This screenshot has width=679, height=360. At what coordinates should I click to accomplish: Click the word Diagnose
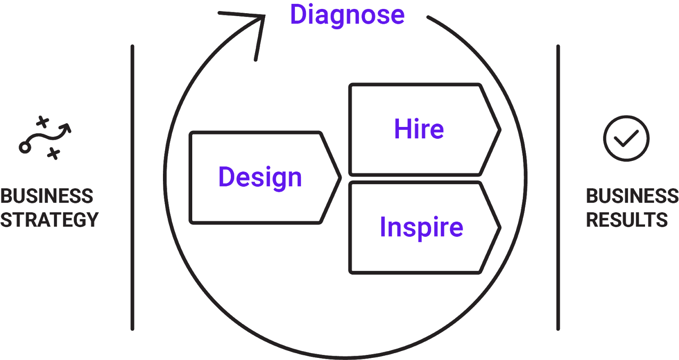[x=348, y=15]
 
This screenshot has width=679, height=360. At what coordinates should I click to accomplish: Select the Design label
[x=260, y=178]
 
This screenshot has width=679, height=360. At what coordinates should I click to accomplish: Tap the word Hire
[x=419, y=129]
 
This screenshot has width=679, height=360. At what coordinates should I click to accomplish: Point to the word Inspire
[x=421, y=228]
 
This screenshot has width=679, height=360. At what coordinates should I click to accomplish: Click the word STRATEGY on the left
[x=49, y=220]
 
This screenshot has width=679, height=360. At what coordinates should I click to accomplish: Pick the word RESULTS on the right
[x=627, y=220]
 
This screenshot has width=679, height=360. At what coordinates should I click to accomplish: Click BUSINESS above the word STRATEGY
[x=47, y=196]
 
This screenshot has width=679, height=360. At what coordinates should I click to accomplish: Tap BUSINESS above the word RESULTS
[x=632, y=196]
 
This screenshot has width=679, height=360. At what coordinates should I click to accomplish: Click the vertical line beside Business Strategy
[x=132, y=188]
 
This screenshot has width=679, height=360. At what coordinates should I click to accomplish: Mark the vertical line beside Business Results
[x=558, y=188]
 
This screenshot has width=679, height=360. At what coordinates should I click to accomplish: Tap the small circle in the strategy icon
[x=25, y=148]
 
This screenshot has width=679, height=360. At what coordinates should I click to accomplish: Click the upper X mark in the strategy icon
[x=42, y=122]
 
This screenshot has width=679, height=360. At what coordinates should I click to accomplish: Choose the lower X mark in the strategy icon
[x=53, y=154]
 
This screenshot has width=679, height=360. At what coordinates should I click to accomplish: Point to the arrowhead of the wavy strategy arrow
[x=66, y=127]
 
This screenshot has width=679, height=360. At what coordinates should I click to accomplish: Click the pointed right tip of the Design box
[x=340, y=178]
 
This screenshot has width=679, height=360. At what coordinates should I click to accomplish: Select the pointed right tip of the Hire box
[x=500, y=130]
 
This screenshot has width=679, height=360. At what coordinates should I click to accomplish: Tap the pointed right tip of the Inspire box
[x=500, y=228]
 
